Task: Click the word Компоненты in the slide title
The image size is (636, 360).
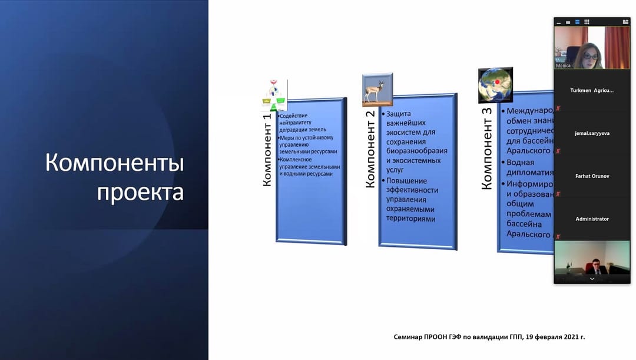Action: coord(114,163)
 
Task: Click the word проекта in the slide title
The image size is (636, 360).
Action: coord(140,192)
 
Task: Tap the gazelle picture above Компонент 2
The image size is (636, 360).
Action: coord(377,90)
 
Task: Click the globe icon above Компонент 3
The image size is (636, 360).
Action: coord(495,85)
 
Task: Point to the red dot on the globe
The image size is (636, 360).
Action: coord(497,82)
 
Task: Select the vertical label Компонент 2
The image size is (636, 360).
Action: coord(370,154)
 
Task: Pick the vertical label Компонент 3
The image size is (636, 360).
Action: coord(487,153)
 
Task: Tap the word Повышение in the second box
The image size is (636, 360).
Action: coord(407,181)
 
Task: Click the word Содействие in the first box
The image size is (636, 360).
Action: coord(294,115)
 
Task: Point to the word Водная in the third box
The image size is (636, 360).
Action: coord(521,162)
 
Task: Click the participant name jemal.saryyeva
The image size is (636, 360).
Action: coord(592,133)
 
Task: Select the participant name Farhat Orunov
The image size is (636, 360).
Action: coord(592,176)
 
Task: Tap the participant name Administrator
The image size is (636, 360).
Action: coord(592,219)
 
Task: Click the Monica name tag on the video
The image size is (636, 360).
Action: coord(564,65)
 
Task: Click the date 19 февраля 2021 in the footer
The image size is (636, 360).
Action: coord(550,337)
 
